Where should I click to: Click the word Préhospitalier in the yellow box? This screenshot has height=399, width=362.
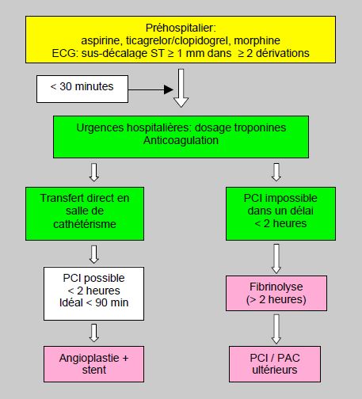click(x=181, y=28)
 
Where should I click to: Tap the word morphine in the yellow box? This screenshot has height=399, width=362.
click(x=257, y=40)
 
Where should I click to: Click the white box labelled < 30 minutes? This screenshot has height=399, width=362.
click(x=82, y=89)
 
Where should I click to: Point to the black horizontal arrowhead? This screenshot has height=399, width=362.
click(x=169, y=89)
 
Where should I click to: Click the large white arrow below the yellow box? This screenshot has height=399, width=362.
click(x=181, y=88)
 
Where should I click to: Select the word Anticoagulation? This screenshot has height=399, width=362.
click(x=181, y=140)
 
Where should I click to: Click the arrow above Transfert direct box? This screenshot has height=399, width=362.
click(x=94, y=172)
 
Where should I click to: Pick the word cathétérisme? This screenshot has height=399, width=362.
click(x=85, y=224)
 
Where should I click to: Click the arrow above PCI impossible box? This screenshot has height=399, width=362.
click(x=276, y=172)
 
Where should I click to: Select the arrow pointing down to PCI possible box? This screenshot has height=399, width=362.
click(x=94, y=254)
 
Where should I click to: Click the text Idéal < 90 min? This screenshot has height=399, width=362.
click(x=94, y=302)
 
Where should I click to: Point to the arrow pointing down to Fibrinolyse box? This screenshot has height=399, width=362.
click(x=276, y=259)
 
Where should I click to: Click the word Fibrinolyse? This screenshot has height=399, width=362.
click(x=276, y=287)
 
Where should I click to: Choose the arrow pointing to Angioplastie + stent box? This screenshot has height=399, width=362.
click(x=94, y=332)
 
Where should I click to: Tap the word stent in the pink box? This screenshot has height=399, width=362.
click(x=94, y=370)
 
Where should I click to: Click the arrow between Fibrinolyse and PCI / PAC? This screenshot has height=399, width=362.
click(x=276, y=329)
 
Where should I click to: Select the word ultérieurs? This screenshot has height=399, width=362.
click(x=275, y=370)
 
